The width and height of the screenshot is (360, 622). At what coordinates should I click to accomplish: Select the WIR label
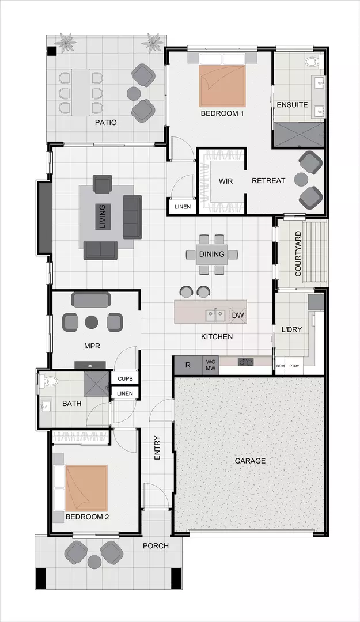coord(225,181)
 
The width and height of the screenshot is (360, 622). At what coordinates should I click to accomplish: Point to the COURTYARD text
coord(298,254)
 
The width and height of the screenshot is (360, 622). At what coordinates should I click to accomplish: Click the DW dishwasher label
coord(237,315)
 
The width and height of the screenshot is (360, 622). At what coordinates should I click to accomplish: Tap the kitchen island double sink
coord(215,315)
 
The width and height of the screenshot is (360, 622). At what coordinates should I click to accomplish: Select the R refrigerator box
coord(188,365)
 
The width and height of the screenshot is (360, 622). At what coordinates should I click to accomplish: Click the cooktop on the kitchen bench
coord(245,362)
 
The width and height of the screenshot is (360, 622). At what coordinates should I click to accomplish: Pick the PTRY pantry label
coord(295,366)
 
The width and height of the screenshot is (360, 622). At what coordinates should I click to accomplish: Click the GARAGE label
coord(250,461)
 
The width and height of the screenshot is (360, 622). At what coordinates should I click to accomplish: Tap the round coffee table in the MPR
coord(92,322)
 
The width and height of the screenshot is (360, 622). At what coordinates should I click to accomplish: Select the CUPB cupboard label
coord(125,378)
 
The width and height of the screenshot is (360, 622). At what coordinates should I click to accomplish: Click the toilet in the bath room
coord(48,382)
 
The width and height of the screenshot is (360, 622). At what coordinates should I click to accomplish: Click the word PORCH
coord(156,545)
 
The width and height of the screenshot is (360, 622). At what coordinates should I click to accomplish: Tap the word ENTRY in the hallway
coord(157,447)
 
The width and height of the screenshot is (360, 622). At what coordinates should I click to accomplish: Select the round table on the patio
coord(134,93)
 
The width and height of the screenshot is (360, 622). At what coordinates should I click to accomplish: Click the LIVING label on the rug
coord(102,217)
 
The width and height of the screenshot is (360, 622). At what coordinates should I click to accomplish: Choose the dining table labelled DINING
coord(211,254)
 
